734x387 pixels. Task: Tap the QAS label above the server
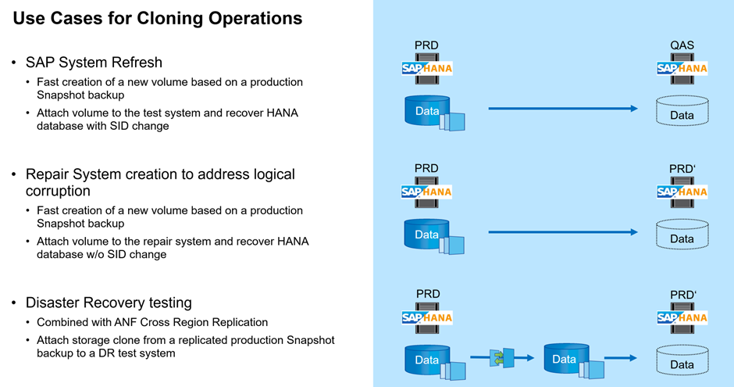(682, 47)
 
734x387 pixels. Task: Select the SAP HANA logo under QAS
(682, 68)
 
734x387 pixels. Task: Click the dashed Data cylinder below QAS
(682, 112)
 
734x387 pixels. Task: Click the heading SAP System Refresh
(94, 62)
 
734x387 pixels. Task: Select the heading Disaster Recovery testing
(109, 303)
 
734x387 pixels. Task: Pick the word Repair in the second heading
(49, 174)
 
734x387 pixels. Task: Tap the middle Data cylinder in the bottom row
(564, 358)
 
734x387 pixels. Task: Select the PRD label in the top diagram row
(426, 47)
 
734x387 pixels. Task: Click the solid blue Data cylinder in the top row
(427, 111)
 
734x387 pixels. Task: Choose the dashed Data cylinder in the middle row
(682, 235)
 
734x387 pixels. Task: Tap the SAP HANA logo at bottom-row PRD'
(682, 317)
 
